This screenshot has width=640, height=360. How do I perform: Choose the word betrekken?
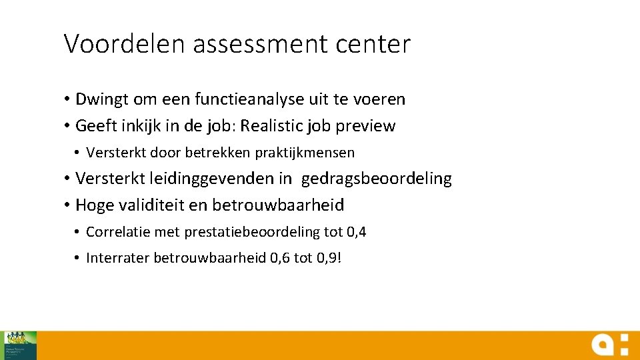click(223, 153)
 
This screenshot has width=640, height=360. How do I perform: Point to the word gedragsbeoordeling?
click(377, 179)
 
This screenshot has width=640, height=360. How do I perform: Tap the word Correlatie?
click(118, 232)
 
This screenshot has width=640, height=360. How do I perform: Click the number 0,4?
click(357, 232)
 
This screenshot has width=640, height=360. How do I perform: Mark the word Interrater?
click(118, 258)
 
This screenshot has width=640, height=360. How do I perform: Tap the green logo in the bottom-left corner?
click(21, 345)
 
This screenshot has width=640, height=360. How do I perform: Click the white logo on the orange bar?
click(609, 345)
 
